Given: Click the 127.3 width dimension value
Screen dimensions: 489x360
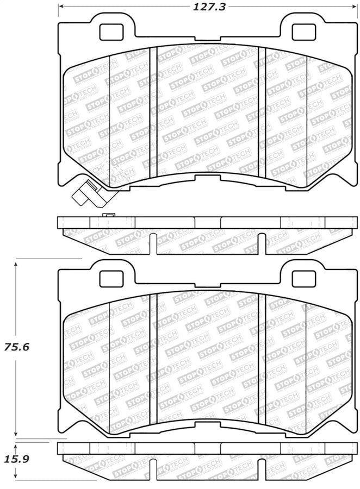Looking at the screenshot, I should click(x=200, y=7).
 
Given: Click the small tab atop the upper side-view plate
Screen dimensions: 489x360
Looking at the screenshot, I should click(x=109, y=216).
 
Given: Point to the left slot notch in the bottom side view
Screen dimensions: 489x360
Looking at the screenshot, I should click(x=153, y=467).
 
